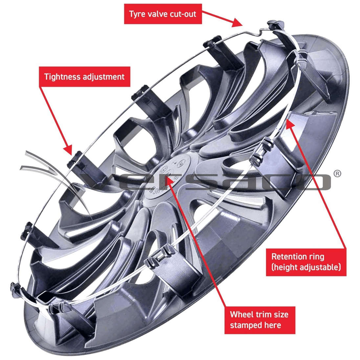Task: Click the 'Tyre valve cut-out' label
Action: (163, 14)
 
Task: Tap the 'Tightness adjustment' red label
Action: (84, 77)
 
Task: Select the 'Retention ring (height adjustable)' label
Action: (306, 262)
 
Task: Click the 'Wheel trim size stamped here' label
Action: (259, 320)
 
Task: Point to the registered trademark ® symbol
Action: (337, 173)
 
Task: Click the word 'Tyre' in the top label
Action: (136, 14)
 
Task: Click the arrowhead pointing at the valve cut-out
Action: (238, 24)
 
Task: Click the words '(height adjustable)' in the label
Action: (306, 267)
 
